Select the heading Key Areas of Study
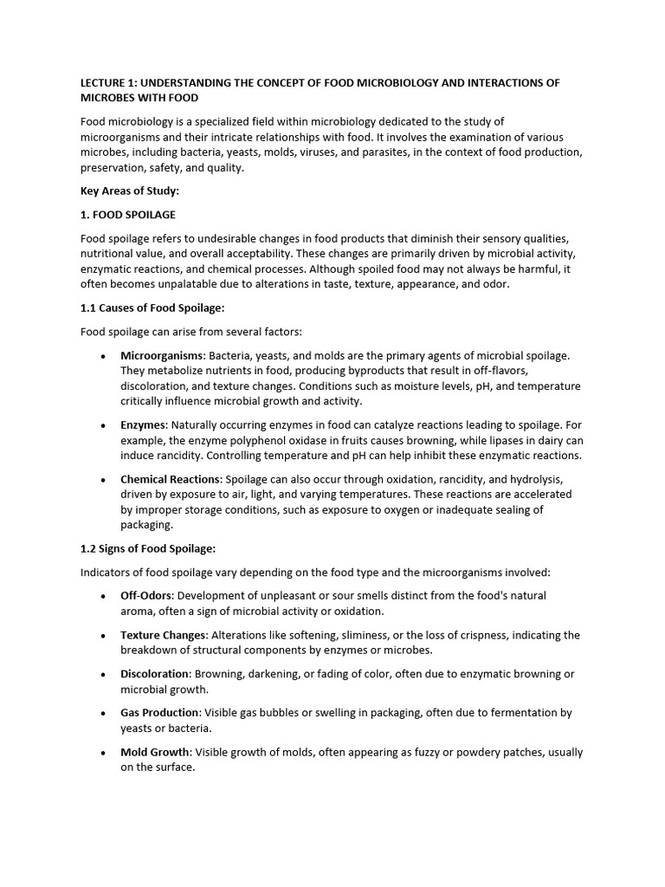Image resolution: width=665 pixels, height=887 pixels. coord(130,191)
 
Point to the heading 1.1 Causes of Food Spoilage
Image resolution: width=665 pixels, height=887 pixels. coord(152,308)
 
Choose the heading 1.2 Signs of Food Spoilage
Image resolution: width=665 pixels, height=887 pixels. coord(148,548)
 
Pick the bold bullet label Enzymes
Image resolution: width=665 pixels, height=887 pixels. coord(144,425)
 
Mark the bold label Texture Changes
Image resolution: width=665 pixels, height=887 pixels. coord(164,635)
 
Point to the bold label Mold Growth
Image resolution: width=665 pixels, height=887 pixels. coord(153,752)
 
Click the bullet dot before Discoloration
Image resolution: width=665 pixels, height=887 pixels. coord(103,675)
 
